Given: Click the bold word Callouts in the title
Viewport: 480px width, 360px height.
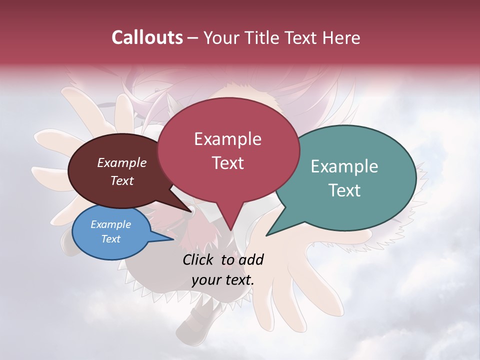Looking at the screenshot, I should (x=147, y=37).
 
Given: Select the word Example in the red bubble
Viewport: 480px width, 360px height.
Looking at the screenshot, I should (x=227, y=139).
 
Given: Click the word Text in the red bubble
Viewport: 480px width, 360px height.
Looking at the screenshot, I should (x=227, y=162).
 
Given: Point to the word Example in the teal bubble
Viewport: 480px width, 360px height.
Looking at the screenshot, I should (x=344, y=166).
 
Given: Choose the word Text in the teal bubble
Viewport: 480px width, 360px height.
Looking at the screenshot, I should (x=344, y=190).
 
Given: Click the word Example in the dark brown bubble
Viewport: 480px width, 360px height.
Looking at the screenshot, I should (x=122, y=162).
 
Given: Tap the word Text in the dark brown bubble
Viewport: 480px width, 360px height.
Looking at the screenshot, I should (x=122, y=180).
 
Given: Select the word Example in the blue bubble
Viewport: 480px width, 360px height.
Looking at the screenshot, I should (x=111, y=224).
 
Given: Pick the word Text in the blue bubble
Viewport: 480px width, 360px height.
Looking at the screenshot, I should (x=111, y=239).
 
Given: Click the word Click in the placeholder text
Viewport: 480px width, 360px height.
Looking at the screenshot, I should (x=198, y=259).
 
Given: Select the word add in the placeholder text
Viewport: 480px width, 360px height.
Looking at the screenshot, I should (x=251, y=259).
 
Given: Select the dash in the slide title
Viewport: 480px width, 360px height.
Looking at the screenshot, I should (x=193, y=38).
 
